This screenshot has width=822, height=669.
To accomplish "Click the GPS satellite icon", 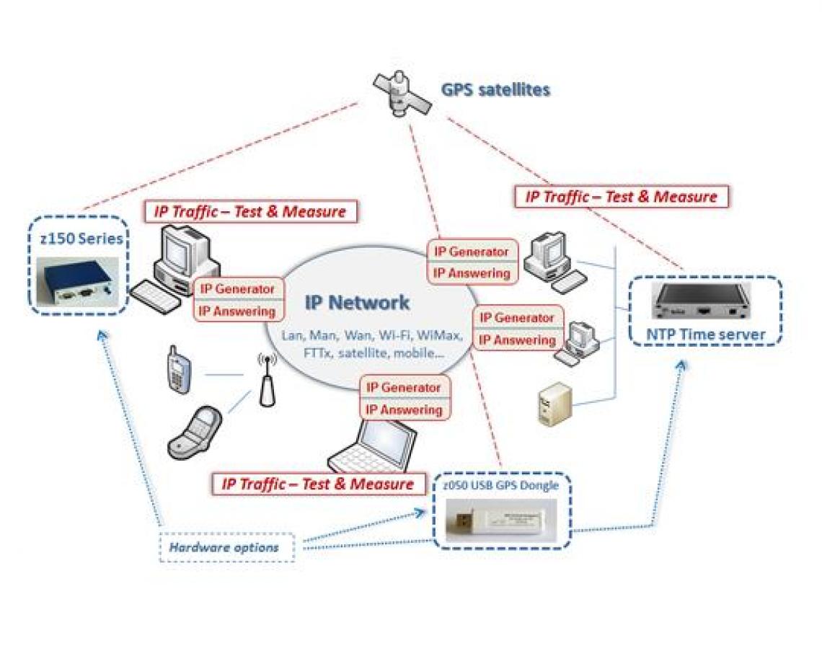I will coord(402,93).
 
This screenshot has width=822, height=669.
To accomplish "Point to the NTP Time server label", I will coord(705,334).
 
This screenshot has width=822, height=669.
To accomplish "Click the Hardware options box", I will coord(224,548).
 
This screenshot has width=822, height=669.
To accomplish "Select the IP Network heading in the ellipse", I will coord(357,302).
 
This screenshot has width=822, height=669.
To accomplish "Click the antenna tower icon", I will coord(265,382).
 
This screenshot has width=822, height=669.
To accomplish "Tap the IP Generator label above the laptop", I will coord(403,387).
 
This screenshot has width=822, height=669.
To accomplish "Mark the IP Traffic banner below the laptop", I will coord(317,483).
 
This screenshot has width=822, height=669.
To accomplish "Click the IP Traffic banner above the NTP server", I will coord(621,196).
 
